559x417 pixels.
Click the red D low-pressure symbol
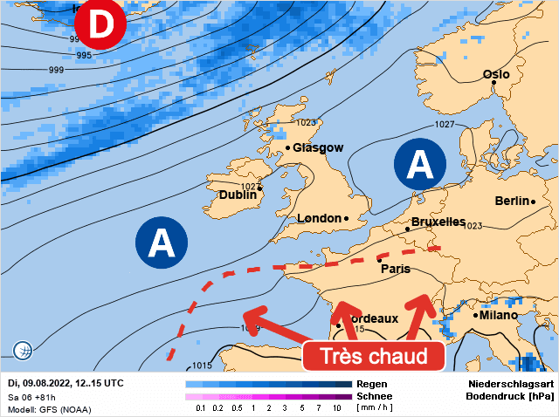click(100, 26)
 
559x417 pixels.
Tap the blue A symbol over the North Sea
click(421, 164)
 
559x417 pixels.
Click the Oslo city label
click(496, 75)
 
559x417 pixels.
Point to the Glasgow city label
click(318, 148)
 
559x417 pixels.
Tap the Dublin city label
click(238, 195)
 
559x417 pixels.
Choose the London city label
click(319, 218)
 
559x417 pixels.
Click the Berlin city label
click(513, 201)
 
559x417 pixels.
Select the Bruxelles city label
click(438, 222)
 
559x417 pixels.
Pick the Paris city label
click(395, 269)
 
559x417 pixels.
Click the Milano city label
click(499, 315)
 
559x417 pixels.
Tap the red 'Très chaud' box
click(374, 357)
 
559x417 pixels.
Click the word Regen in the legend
click(372, 384)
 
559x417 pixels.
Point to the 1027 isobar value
click(445, 125)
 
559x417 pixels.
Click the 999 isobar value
click(56, 70)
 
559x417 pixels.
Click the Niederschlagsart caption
click(512, 384)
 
